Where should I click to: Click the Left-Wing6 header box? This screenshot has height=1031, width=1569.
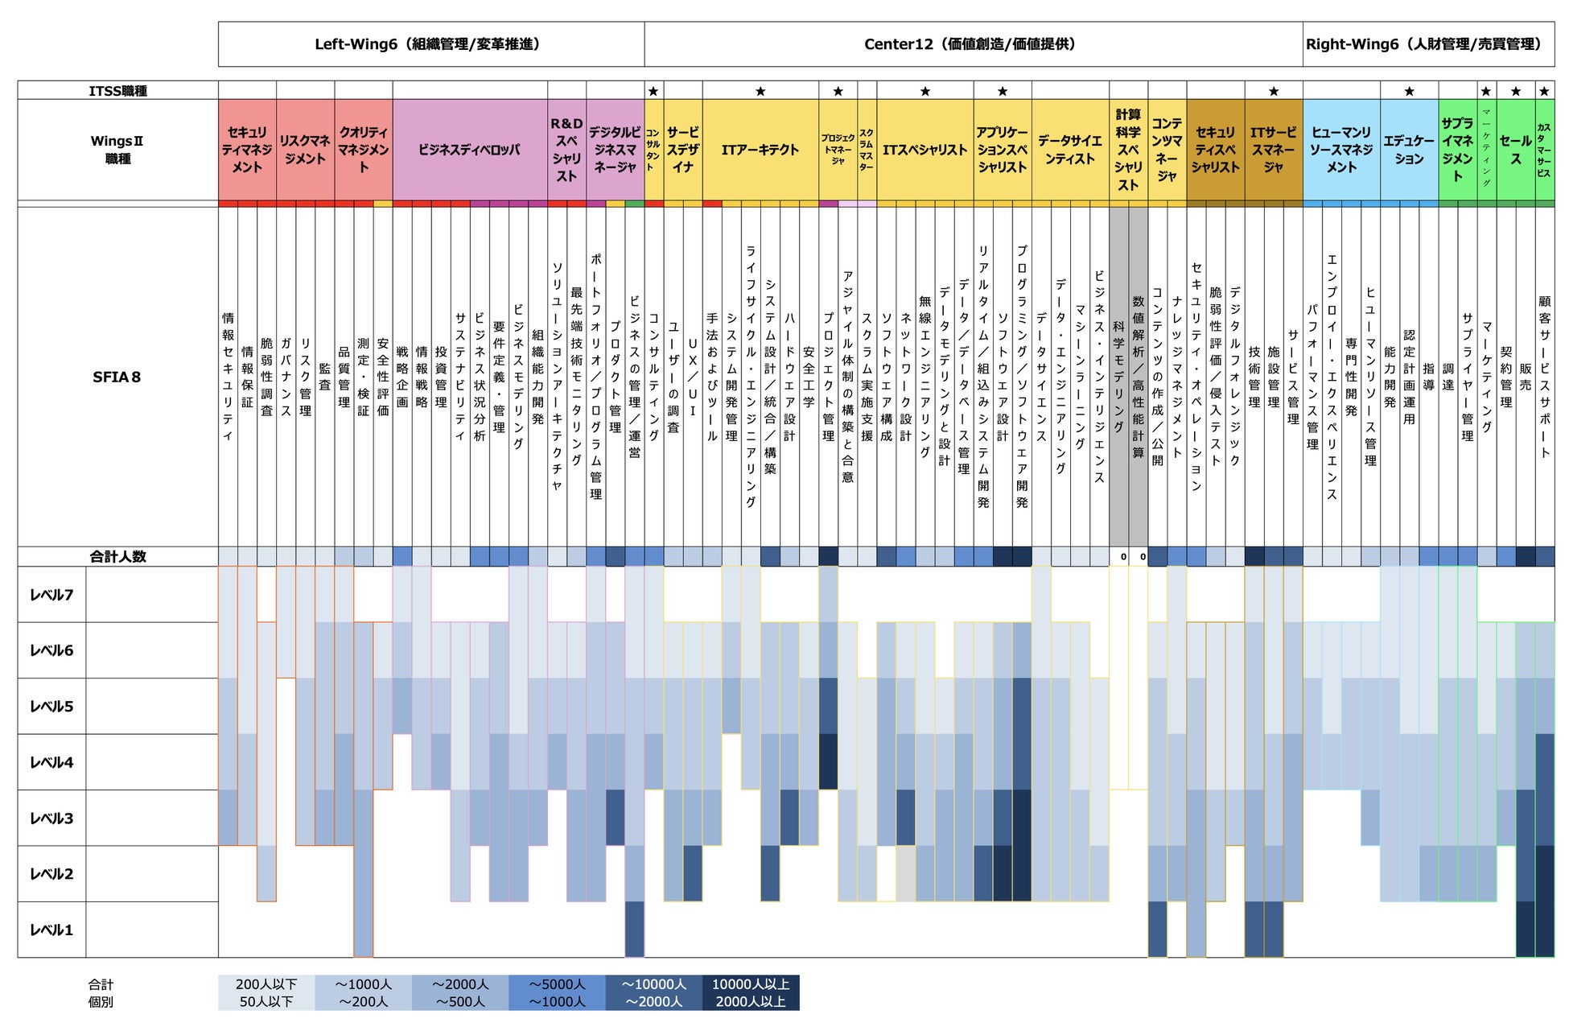click(430, 44)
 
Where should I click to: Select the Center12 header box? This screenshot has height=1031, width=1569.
click(973, 44)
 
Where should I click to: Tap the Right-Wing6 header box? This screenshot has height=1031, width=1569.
click(1428, 44)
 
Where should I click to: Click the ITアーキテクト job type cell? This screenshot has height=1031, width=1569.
click(760, 150)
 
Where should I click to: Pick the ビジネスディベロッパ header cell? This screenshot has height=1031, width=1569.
click(469, 150)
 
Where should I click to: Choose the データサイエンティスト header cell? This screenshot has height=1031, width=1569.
click(1069, 150)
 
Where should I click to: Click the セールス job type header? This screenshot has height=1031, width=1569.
click(1515, 150)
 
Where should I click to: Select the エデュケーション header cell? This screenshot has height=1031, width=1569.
click(1409, 150)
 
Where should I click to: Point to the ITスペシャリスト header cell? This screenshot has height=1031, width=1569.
click(925, 150)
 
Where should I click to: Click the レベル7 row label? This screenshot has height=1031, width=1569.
click(51, 595)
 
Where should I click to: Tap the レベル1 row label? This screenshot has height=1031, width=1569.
click(51, 930)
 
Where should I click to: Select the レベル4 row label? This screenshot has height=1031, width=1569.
click(51, 762)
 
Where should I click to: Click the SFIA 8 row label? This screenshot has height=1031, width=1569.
click(117, 377)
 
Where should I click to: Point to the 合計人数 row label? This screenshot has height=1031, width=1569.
click(117, 556)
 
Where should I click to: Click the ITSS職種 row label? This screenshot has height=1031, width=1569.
click(117, 91)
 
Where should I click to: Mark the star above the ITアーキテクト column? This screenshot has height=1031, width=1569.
click(760, 91)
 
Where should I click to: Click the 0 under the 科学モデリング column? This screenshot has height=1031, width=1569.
click(1123, 557)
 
